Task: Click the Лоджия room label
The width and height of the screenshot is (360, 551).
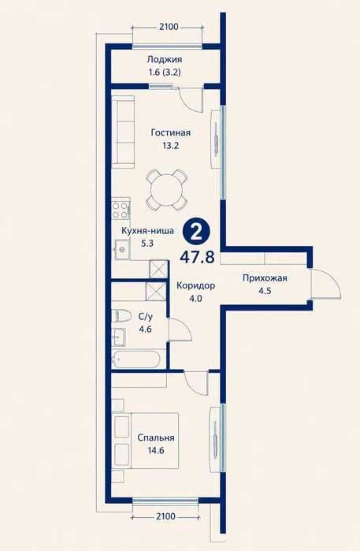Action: click(x=165, y=59)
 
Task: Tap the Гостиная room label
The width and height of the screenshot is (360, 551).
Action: click(x=171, y=132)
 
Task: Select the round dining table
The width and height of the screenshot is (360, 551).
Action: click(x=166, y=190)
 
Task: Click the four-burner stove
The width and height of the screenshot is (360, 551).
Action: click(x=121, y=210)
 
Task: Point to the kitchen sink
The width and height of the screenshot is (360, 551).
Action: click(x=121, y=249)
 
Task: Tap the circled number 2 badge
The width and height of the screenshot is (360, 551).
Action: click(x=196, y=232)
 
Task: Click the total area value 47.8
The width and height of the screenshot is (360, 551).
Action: click(x=197, y=257)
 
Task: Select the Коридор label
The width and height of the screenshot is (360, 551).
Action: click(x=195, y=285)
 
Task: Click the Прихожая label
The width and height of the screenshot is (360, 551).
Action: click(x=265, y=278)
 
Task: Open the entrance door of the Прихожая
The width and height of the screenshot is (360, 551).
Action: click(x=326, y=284)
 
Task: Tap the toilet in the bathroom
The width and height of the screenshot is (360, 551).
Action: click(x=121, y=315)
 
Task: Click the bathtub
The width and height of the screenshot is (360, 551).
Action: click(x=136, y=359)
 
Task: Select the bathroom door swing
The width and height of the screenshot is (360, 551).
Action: click(x=180, y=329)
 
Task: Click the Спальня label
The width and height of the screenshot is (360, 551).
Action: click(x=156, y=437)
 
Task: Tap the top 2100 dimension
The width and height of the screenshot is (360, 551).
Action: click(x=169, y=27)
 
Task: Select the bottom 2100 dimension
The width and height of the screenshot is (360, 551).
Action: click(x=165, y=516)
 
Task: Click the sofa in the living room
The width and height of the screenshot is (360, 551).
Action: click(x=123, y=132)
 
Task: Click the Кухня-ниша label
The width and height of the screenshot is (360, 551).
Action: click(x=147, y=231)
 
